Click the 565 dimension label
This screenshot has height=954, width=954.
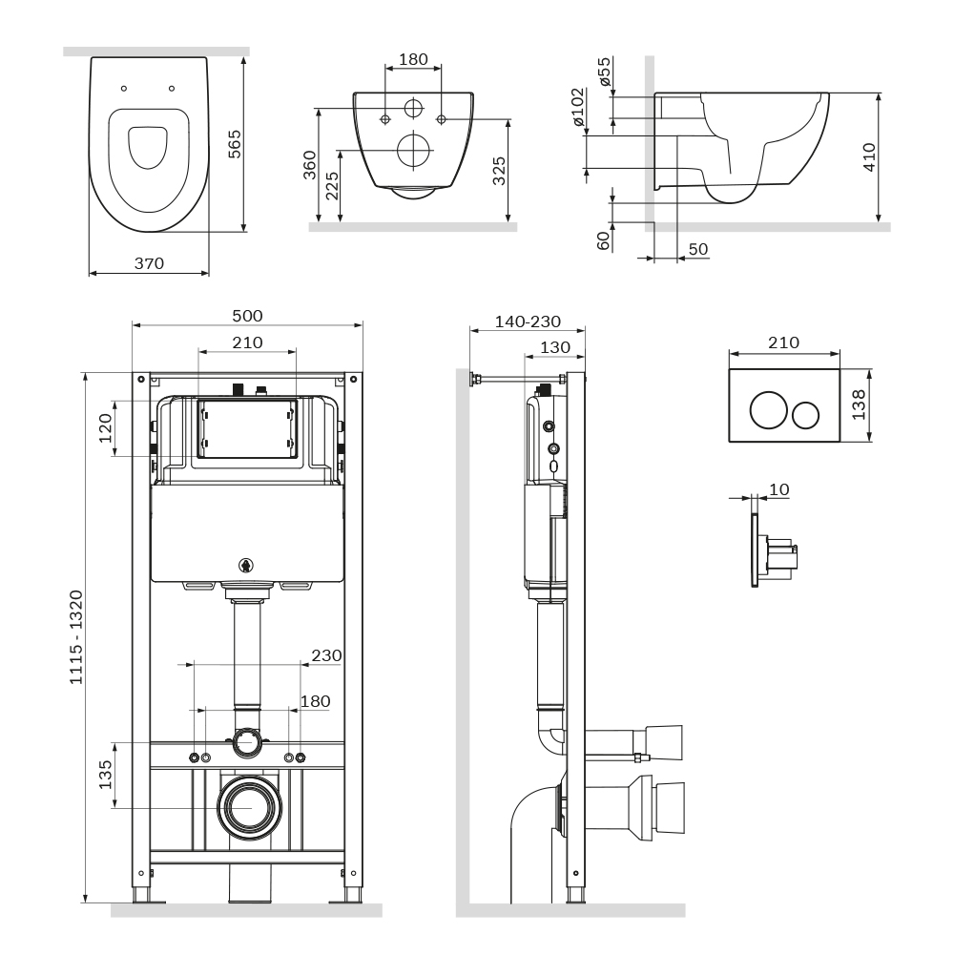(x=234, y=143)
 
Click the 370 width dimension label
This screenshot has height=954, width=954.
(x=149, y=263)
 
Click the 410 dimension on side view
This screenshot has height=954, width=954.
(x=868, y=158)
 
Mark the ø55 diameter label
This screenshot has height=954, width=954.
(x=604, y=72)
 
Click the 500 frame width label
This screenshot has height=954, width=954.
(x=246, y=316)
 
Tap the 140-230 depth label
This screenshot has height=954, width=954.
(x=528, y=321)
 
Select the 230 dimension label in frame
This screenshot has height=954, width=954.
(x=326, y=655)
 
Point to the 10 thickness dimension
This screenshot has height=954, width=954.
(x=778, y=489)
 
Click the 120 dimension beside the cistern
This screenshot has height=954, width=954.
(x=106, y=427)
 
